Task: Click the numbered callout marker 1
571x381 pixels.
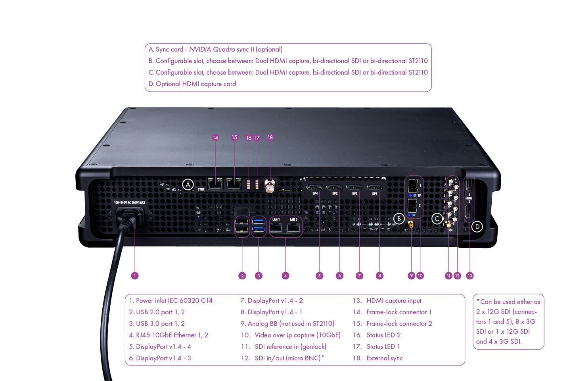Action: [x=135, y=275]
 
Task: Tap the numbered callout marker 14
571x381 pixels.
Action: [x=215, y=138]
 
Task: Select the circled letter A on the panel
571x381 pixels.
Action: [x=188, y=184]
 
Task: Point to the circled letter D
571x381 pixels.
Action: [x=477, y=227]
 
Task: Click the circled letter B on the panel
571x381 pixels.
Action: [x=399, y=218]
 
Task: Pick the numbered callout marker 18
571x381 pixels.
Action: [x=270, y=137]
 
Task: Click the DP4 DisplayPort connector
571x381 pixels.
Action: [x=315, y=187]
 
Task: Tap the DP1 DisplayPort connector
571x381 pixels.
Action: [x=374, y=187]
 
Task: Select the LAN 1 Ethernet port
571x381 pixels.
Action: [x=276, y=228]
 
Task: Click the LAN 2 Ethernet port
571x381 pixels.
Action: [x=294, y=228]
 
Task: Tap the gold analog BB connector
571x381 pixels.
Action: [x=411, y=224]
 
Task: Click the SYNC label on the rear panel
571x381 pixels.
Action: [x=201, y=189]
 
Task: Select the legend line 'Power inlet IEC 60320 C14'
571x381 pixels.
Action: [x=171, y=300]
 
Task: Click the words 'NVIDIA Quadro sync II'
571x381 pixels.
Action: [x=221, y=49]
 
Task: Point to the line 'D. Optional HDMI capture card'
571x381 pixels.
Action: [x=192, y=84]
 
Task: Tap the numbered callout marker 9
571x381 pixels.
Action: [x=411, y=275]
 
